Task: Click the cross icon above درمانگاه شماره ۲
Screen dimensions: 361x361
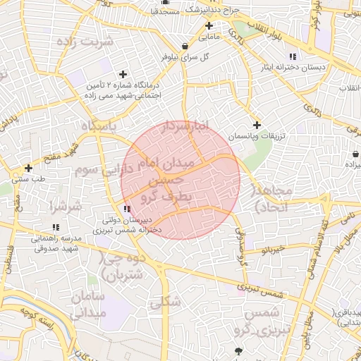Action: (123, 74)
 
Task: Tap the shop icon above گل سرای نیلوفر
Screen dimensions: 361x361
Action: (185, 46)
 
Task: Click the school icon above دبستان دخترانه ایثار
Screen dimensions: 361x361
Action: (293, 57)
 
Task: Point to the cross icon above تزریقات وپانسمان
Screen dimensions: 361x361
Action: (257, 125)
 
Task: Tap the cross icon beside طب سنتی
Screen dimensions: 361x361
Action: (28, 168)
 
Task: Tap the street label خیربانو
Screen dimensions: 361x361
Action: (271, 250)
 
